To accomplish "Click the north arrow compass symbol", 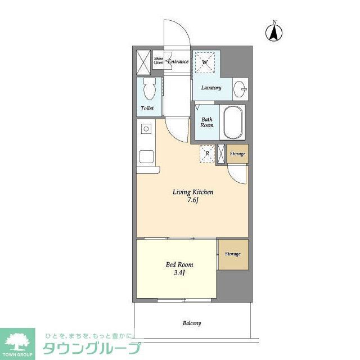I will pyautogui.click(x=274, y=32).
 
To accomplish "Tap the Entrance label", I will pyautogui.click(x=178, y=61).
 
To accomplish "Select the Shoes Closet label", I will pyautogui.click(x=159, y=61).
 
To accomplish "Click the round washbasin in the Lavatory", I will pyautogui.click(x=240, y=88).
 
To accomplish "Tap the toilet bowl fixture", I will pyautogui.click(x=149, y=89).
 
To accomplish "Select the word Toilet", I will pyautogui.click(x=147, y=108).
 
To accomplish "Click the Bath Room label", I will pyautogui.click(x=207, y=123).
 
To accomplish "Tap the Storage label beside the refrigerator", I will pyautogui.click(x=237, y=154).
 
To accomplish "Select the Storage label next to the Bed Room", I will pyautogui.click(x=233, y=254).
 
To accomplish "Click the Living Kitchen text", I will pyautogui.click(x=192, y=192).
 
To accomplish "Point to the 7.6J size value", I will pyautogui.click(x=193, y=201).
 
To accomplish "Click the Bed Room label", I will pyautogui.click(x=179, y=264).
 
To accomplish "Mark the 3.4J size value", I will pyautogui.click(x=179, y=273).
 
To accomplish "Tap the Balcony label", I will pyautogui.click(x=192, y=323).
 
